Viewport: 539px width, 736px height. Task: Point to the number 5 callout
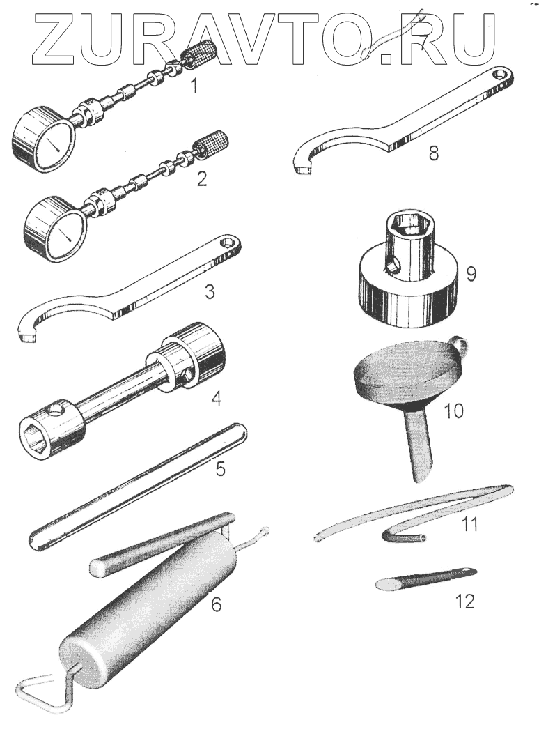pyautogui.click(x=220, y=468)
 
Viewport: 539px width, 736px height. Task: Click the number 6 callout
pyautogui.click(x=217, y=604)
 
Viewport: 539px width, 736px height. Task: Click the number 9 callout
pyautogui.click(x=471, y=273)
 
